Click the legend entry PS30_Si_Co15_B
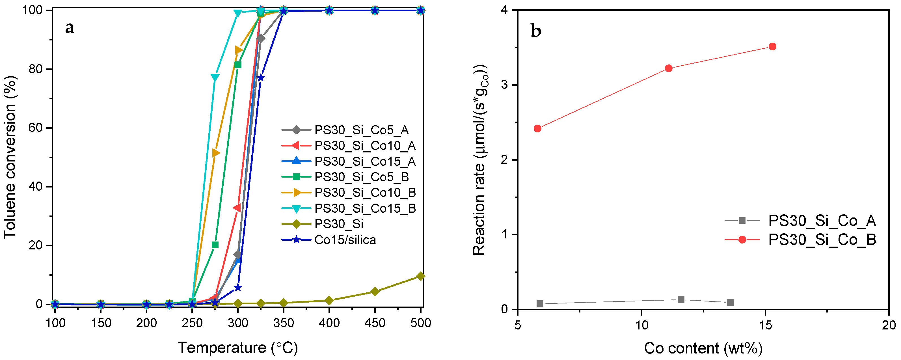click(x=365, y=208)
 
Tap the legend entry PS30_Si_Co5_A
click(x=361, y=130)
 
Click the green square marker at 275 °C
click(x=215, y=245)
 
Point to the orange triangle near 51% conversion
click(x=215, y=153)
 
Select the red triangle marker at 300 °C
click(x=237, y=208)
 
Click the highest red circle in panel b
click(x=773, y=47)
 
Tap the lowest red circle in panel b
click(x=538, y=128)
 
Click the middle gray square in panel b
click(x=681, y=299)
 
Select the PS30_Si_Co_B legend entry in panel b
click(x=822, y=240)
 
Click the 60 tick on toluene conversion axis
click(x=35, y=128)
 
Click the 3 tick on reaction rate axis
click(x=504, y=85)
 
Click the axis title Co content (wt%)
click(x=703, y=348)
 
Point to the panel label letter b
click(x=535, y=31)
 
